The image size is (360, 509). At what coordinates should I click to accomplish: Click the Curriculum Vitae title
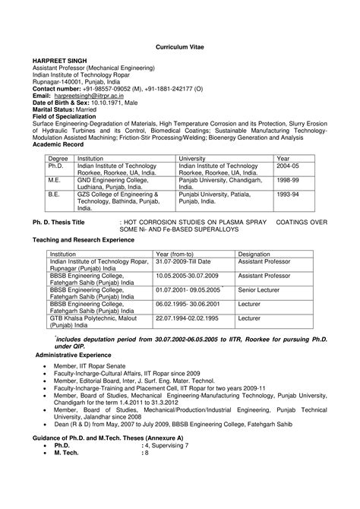tap(179, 46)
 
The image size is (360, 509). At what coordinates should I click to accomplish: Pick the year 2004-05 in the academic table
tap(288, 165)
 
